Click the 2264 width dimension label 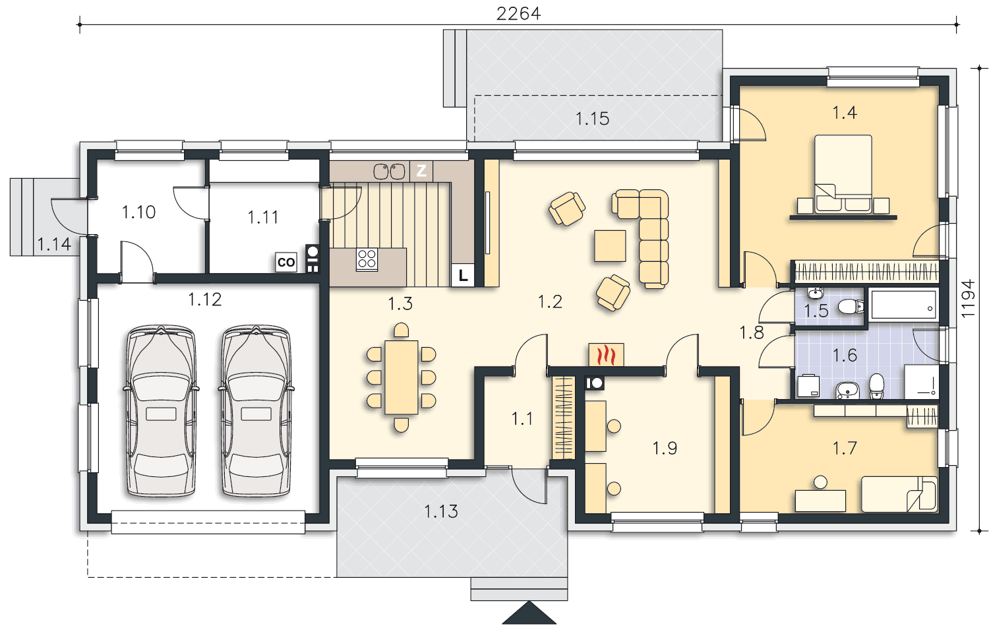click(518, 14)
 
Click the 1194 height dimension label click(969, 298)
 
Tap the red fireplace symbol click(606, 355)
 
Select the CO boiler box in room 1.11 click(285, 262)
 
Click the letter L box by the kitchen click(462, 276)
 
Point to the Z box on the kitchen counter click(421, 171)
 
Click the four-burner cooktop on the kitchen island click(367, 260)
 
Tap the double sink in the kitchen click(389, 172)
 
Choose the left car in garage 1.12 click(161, 411)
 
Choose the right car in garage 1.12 click(256, 411)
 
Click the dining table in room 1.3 click(402, 377)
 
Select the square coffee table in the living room click(610, 245)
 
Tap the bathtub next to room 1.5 click(903, 305)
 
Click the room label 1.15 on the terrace click(592, 119)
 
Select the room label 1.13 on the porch click(440, 512)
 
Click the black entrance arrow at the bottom click(529, 613)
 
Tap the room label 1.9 click(665, 449)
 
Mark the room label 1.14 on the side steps click(54, 244)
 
